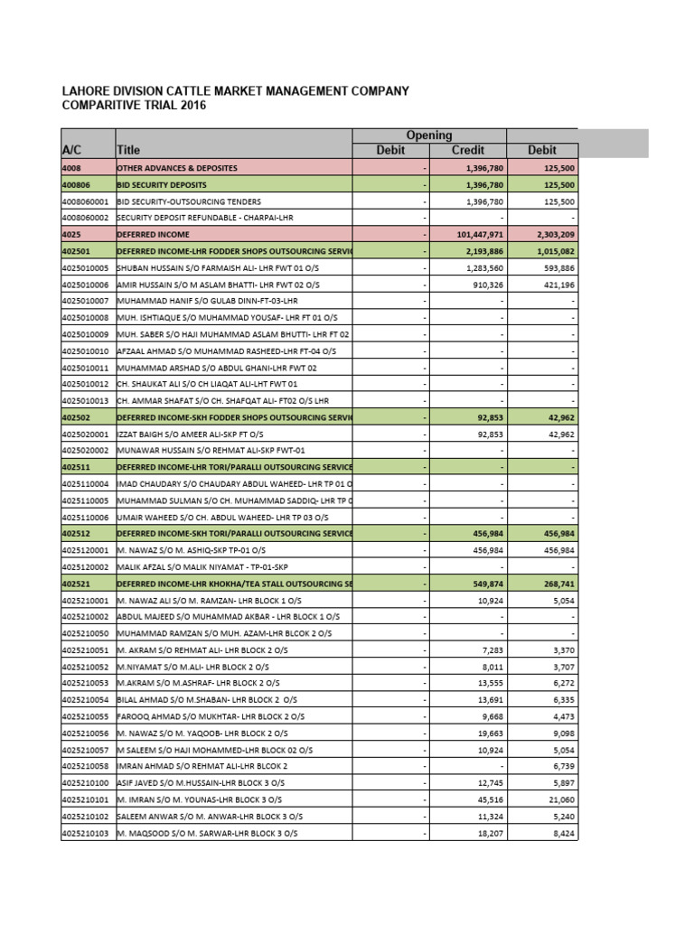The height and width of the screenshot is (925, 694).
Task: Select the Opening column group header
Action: (428, 135)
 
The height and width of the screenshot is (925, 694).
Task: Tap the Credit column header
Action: (467, 150)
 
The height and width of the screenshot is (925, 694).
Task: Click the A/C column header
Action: (73, 150)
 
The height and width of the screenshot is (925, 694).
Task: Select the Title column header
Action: (128, 150)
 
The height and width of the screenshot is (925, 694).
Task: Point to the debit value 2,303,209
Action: (551, 234)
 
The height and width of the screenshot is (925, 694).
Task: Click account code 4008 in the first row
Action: (71, 168)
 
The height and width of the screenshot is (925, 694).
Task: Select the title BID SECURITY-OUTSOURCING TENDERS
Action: (189, 201)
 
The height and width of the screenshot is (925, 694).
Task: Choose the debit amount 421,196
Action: (557, 284)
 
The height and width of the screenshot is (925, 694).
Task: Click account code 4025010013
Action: (85, 400)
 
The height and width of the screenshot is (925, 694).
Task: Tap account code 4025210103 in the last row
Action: (85, 833)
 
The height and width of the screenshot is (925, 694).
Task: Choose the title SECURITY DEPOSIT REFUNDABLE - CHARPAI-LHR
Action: (204, 218)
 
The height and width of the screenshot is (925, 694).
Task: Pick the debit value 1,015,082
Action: (551, 250)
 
